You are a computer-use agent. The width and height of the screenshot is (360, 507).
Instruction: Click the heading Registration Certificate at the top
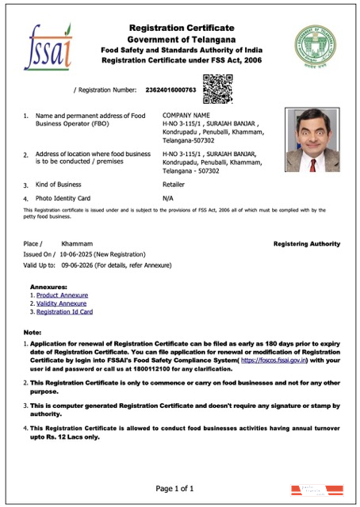(182, 29)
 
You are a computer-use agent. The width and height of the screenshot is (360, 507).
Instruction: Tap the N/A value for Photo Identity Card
(167, 197)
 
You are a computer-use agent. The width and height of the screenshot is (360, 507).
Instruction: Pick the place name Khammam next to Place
(77, 244)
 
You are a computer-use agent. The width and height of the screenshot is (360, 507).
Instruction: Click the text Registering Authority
(306, 244)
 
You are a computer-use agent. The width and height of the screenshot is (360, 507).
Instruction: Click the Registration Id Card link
(64, 312)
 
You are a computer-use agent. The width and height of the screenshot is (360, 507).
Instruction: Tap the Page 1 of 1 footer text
(186, 487)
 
